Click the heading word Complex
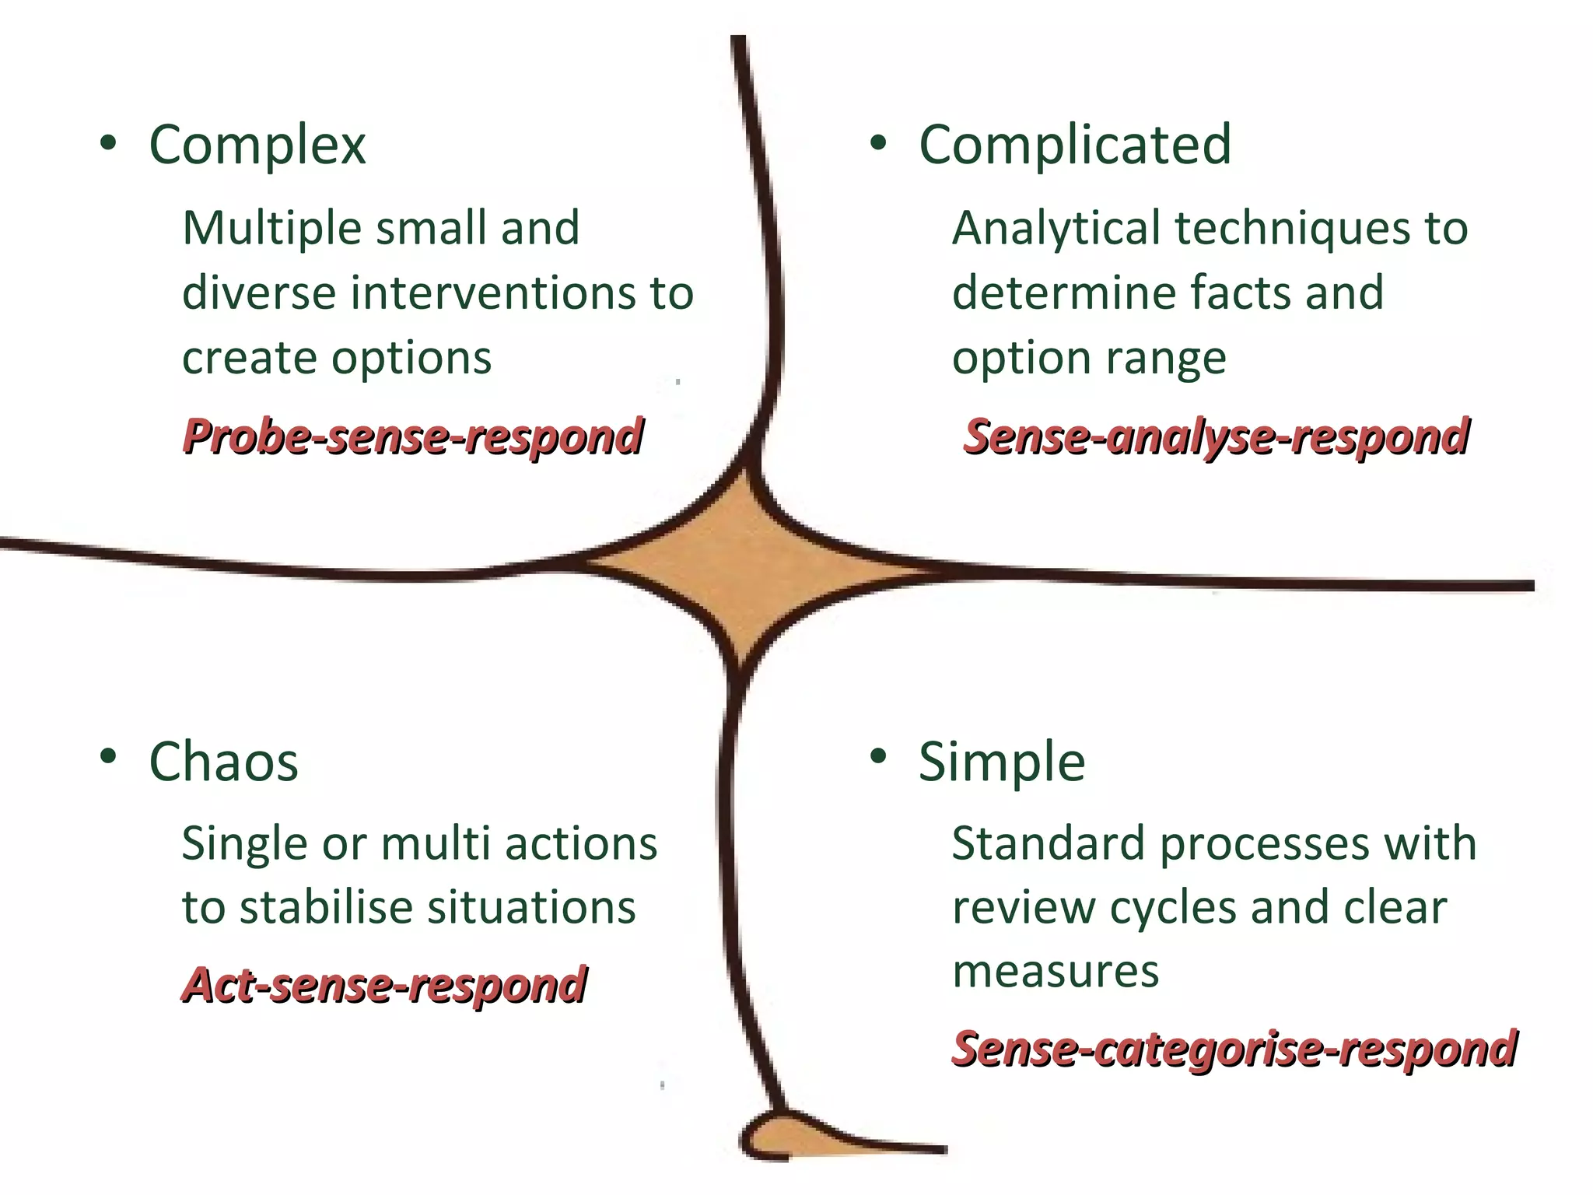pyautogui.click(x=257, y=145)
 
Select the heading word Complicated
pyautogui.click(x=1075, y=145)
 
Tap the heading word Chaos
pyautogui.click(x=223, y=762)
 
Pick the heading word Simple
pyautogui.click(x=1002, y=762)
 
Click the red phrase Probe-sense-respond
pyautogui.click(x=412, y=436)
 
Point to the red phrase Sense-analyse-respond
pyautogui.click(x=1216, y=436)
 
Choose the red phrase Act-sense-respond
pyautogui.click(x=383, y=985)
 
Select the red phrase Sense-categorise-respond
pyautogui.click(x=1234, y=1049)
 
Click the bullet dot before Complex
pyautogui.click(x=108, y=143)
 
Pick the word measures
pyautogui.click(x=1056, y=972)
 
